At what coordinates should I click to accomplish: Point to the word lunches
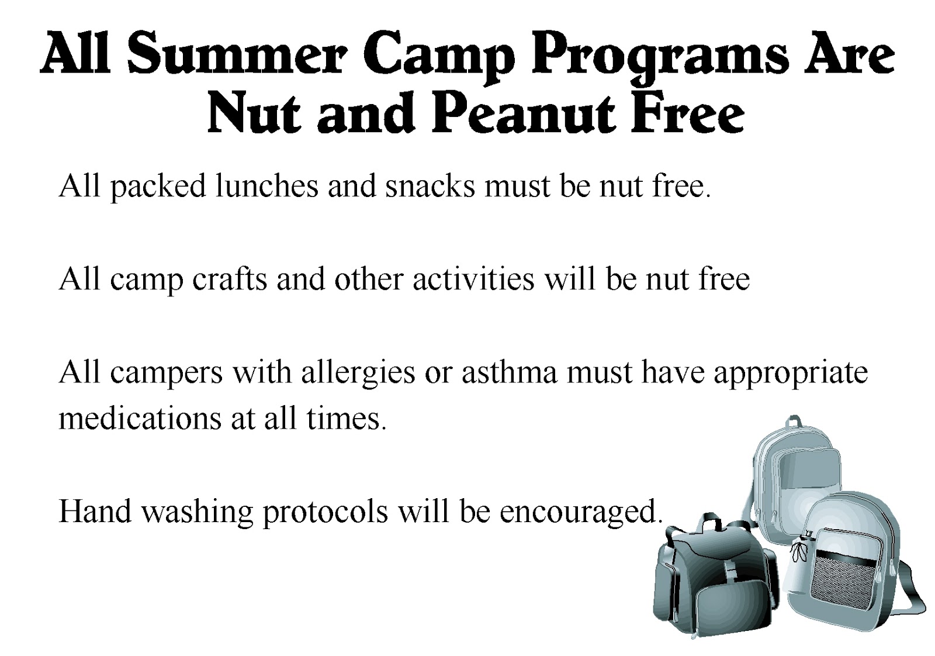click(x=266, y=186)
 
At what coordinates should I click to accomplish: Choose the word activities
click(x=473, y=279)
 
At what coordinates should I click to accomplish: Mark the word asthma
click(x=510, y=372)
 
